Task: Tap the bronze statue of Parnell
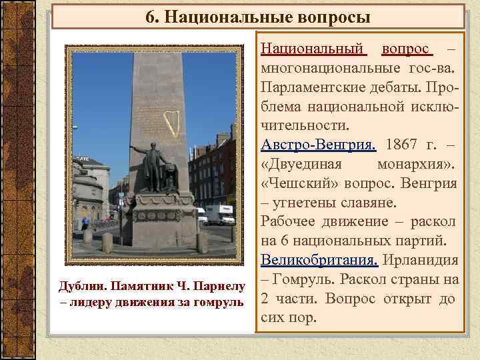(155, 167)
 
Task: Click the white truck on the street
(220, 215)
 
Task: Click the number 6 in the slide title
(150, 16)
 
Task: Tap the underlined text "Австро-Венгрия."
(319, 145)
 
